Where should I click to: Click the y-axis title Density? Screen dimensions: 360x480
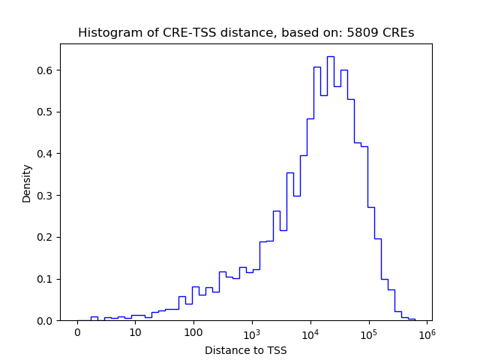pos(27,183)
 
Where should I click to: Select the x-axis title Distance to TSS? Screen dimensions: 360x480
pos(246,349)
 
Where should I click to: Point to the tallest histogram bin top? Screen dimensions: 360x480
pos(330,56)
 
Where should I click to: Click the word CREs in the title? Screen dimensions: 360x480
pos(397,33)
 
